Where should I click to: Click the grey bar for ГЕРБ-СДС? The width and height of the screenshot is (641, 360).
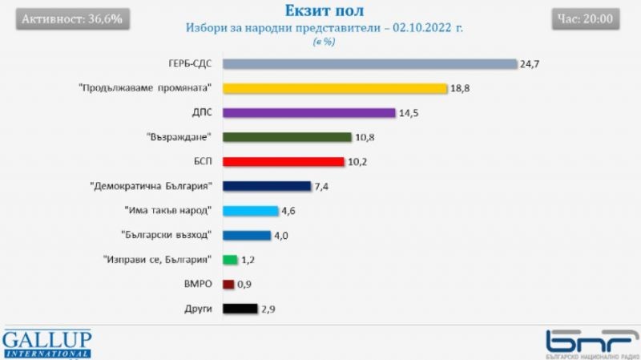coord(369,64)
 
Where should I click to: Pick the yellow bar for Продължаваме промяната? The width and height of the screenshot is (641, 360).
coord(333,88)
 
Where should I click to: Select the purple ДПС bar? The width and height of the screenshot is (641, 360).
coord(308,113)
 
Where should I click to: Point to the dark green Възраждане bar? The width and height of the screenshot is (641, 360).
coord(287,137)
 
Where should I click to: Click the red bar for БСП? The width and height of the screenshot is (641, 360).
coord(283,162)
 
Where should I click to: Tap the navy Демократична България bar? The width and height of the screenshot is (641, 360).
coord(266,186)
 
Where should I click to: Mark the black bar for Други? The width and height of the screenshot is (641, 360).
coord(240,308)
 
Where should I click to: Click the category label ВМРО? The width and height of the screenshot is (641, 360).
coord(197,284)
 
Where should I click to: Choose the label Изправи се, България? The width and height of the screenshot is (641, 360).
coord(157,259)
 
